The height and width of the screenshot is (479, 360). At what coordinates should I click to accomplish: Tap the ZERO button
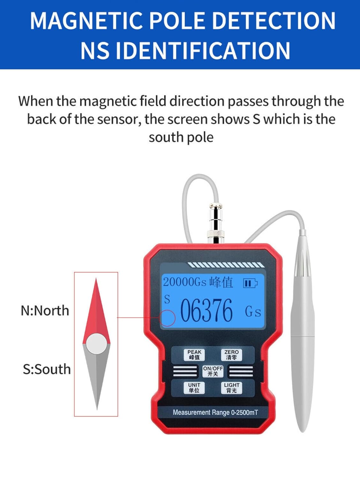[x=231, y=354]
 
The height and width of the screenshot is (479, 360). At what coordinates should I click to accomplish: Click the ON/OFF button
[x=213, y=371]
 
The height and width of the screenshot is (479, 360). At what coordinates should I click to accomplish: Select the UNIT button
[x=194, y=388]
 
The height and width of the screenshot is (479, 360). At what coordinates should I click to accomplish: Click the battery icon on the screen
[x=250, y=283]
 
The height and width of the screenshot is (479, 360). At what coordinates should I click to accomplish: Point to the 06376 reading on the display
[x=206, y=310]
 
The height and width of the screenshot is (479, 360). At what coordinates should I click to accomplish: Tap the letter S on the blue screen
[x=167, y=300]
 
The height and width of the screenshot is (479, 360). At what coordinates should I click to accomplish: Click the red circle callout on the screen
[x=168, y=318]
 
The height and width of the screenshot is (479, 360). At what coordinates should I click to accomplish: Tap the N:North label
[x=45, y=311]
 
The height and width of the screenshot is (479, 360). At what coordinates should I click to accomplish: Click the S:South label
[x=47, y=369]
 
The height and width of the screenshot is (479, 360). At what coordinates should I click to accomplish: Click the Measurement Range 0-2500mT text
[x=215, y=413]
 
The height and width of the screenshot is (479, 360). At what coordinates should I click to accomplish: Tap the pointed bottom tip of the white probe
[x=302, y=430]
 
